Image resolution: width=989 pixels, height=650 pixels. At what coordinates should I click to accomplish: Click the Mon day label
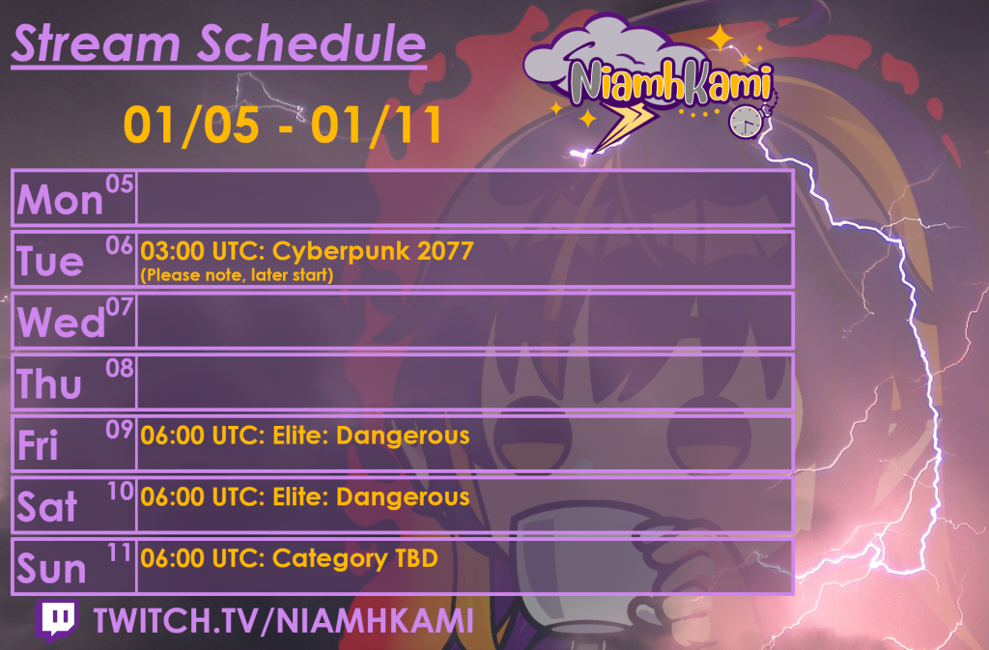tap(60, 200)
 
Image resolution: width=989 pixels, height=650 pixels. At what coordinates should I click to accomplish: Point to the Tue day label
tap(50, 261)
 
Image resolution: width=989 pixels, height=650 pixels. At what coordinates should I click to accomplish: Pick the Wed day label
tap(61, 323)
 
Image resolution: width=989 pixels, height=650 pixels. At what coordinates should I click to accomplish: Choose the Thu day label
tap(50, 384)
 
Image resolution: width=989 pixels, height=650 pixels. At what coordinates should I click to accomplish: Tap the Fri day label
tap(39, 445)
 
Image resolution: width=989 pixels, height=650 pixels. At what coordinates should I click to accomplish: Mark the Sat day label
tap(47, 507)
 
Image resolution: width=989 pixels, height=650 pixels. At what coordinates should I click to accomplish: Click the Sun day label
tap(51, 569)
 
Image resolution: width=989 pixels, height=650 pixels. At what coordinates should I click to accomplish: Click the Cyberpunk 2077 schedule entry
tap(307, 252)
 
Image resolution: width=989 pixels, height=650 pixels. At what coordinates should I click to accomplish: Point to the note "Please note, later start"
tap(237, 276)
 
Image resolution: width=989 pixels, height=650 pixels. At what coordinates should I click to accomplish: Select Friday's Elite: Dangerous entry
tap(305, 436)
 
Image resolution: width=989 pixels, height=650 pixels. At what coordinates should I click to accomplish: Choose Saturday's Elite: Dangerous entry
tap(305, 497)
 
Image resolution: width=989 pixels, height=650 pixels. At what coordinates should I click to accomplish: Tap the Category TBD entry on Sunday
tap(289, 558)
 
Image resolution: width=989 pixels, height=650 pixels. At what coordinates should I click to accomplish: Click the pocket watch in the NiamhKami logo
tap(746, 121)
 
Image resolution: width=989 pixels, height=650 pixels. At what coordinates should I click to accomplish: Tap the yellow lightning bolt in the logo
tap(625, 125)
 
